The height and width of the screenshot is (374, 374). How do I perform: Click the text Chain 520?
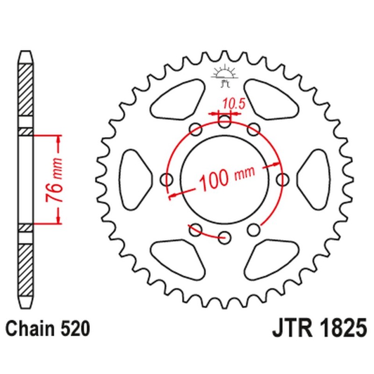(47, 329)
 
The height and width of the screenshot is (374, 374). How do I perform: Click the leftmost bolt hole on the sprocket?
(166, 179)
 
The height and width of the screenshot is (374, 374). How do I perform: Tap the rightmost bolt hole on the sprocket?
(282, 179)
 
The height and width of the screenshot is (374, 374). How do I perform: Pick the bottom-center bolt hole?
(225, 236)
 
